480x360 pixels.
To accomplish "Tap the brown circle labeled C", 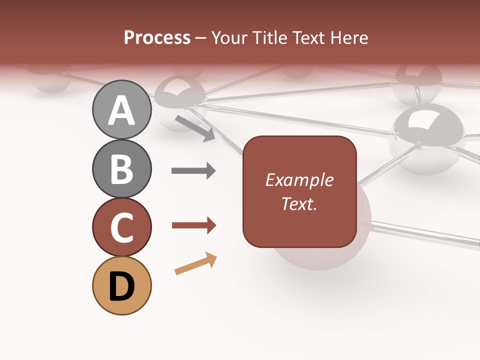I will [x=121, y=227].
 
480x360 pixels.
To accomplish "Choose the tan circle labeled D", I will [x=121, y=286].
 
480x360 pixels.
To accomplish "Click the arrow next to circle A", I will [x=195, y=127].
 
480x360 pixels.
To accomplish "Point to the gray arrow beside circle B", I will [x=193, y=171].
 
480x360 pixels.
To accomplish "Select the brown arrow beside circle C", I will [x=193, y=226].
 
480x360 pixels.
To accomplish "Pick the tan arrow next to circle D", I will [x=195, y=264].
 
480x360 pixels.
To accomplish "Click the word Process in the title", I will [x=157, y=37].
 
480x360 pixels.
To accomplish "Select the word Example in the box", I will [x=299, y=180].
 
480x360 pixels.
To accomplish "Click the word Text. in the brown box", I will [x=299, y=203].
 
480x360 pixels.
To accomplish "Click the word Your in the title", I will [x=229, y=38].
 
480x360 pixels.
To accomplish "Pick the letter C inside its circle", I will [x=121, y=228].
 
